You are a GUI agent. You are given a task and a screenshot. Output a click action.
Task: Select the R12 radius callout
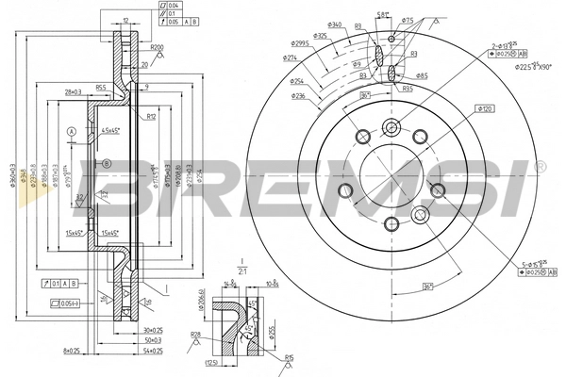pos(150,117)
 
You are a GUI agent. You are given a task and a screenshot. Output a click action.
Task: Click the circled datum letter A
pos(71,130)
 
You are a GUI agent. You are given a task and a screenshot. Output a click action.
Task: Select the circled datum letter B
pos(108,163)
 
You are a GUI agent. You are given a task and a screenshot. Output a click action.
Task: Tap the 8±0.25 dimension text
pos(72,351)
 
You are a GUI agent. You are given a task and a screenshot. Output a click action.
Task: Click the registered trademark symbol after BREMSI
pos(540,167)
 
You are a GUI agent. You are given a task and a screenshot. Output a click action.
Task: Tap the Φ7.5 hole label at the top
pos(407,20)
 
